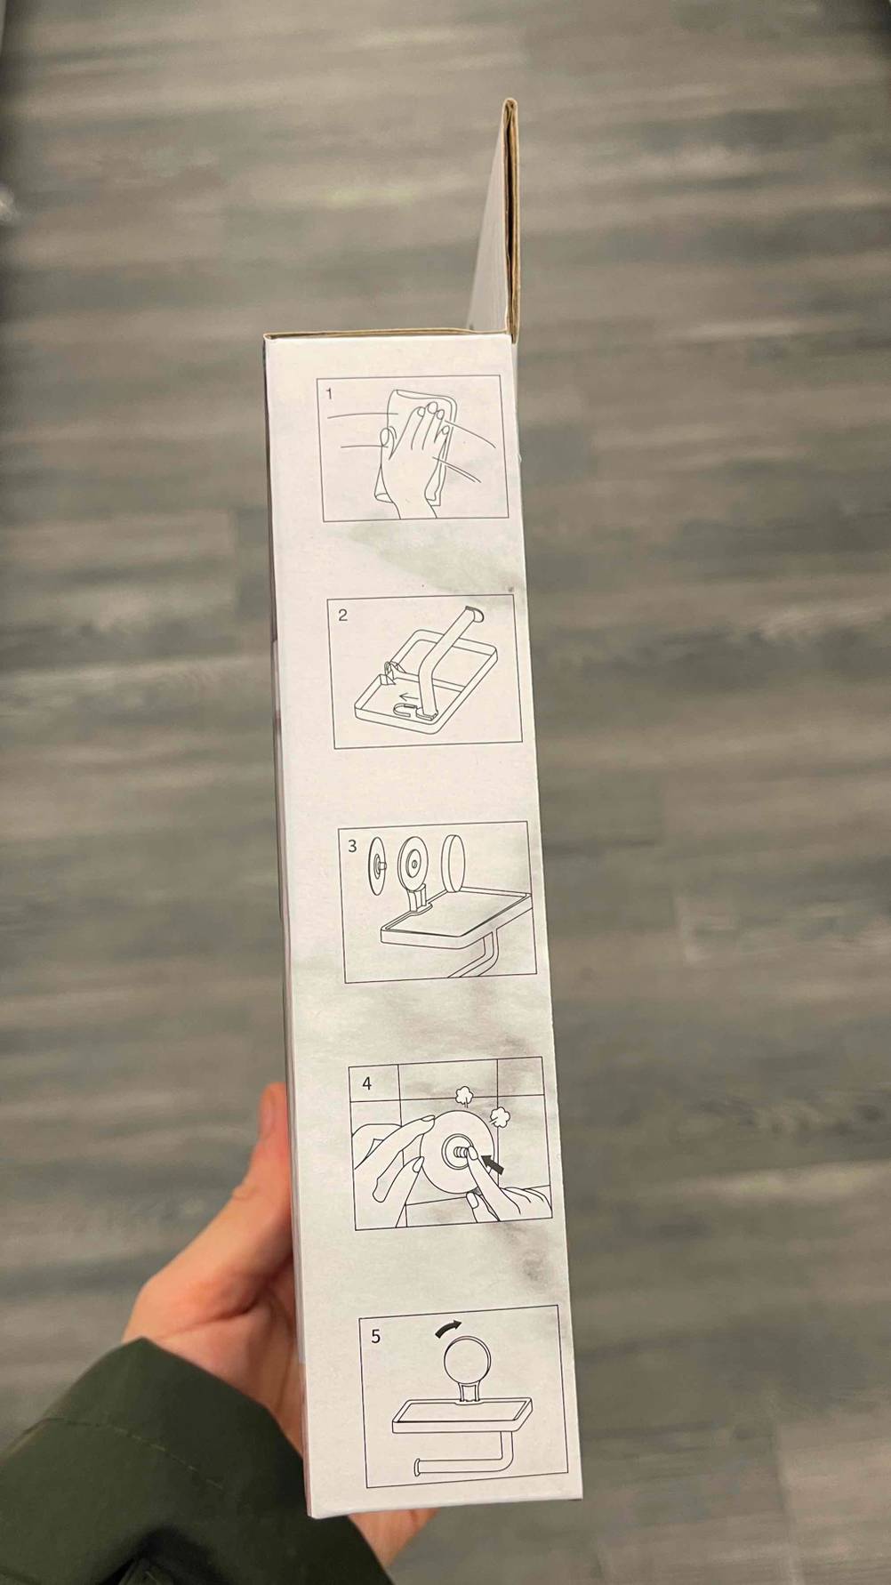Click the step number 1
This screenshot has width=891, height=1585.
pos(329,392)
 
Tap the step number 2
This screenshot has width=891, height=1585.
pos(343,615)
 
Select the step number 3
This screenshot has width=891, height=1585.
pos(352,845)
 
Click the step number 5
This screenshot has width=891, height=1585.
pos(375,1335)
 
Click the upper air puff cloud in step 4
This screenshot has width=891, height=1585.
pos(463,1094)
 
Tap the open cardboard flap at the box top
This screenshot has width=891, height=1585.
pos(498,222)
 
